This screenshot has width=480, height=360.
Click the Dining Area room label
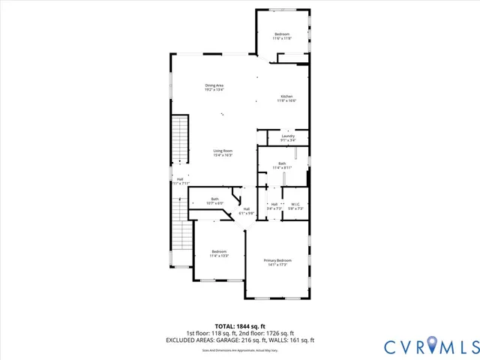tap(214, 87)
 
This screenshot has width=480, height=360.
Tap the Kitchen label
tap(287, 99)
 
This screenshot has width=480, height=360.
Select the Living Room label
tap(223, 153)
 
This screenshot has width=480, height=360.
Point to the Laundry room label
tap(288, 138)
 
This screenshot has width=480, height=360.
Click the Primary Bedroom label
tap(277, 262)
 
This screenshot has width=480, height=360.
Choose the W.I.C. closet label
tap(295, 206)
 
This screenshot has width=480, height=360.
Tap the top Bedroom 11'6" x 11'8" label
tap(282, 36)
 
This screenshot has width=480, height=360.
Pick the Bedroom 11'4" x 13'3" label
tap(219, 253)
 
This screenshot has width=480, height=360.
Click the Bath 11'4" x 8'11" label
tap(282, 166)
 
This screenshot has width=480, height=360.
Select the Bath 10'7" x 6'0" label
tap(215, 201)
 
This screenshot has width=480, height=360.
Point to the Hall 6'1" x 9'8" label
tap(247, 211)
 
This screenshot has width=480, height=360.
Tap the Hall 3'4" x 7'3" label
tap(274, 206)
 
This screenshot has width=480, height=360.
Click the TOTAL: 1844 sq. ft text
tap(240, 326)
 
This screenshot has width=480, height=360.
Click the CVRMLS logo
tap(430, 346)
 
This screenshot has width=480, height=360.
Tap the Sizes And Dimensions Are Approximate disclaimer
tap(240, 349)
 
